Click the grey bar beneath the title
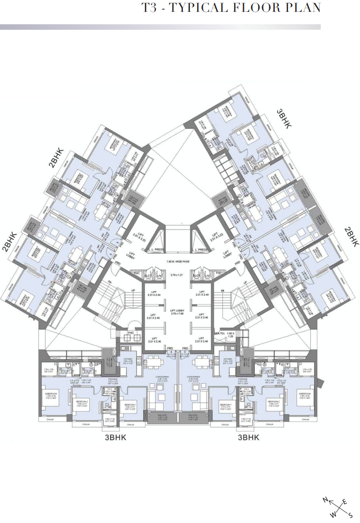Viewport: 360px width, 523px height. [x=160, y=27]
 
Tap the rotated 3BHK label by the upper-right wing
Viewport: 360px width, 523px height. [x=283, y=119]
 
